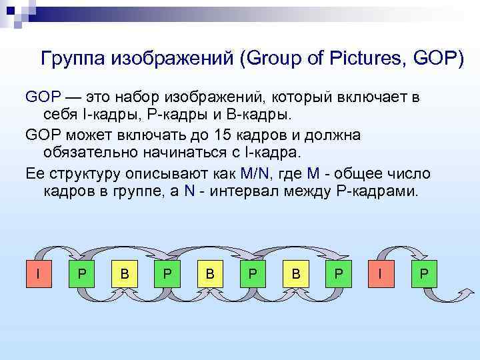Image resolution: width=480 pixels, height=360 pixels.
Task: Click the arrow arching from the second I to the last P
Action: pos(402,248)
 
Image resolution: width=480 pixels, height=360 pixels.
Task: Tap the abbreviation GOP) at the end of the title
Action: pos(437,59)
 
